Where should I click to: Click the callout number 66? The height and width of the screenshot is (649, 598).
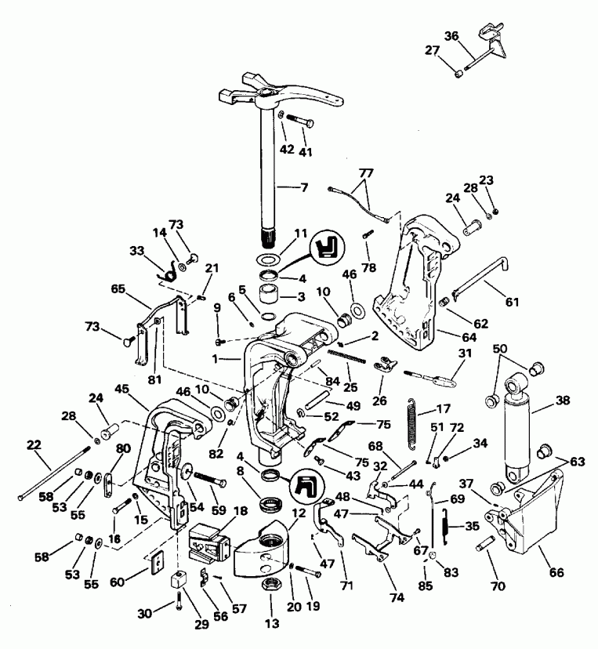click(x=556, y=572)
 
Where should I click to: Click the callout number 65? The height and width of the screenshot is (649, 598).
click(x=118, y=289)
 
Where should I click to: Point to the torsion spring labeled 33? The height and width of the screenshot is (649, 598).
click(x=166, y=272)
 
